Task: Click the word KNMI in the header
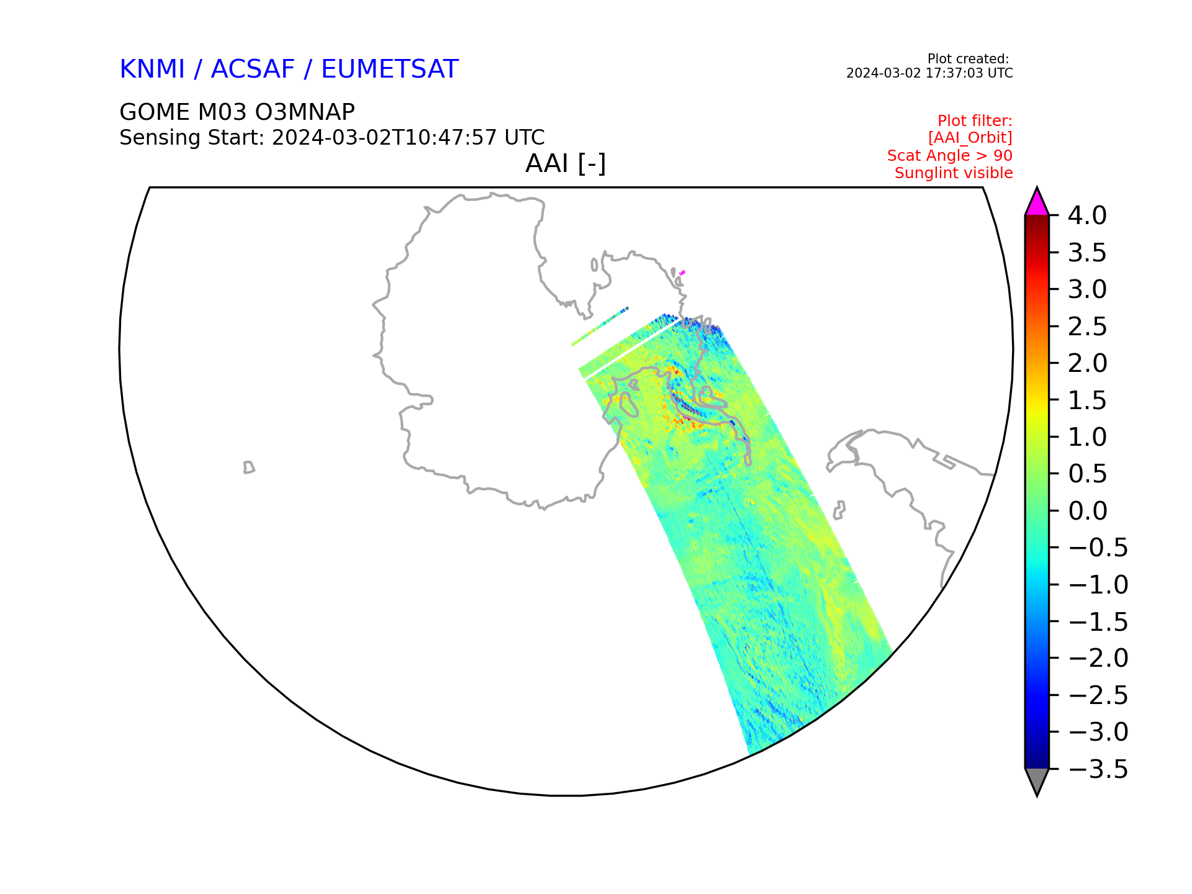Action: pos(152,69)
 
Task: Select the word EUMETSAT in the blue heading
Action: pos(390,69)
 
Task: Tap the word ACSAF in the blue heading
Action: pos(253,69)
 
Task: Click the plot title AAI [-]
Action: pos(566,164)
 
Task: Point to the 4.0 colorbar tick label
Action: pos(1087,215)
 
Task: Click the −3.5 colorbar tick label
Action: pos(1098,769)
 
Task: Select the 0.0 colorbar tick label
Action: pos(1087,511)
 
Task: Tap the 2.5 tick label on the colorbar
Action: pos(1087,327)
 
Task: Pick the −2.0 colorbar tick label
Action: pos(1098,658)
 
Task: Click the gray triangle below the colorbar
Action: pos(1037,780)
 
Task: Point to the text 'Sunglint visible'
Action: pos(954,173)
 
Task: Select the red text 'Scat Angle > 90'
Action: pos(950,156)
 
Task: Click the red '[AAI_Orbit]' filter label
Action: pos(970,138)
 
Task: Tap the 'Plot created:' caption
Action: pos(968,59)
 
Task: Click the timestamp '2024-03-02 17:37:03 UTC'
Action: pos(929,73)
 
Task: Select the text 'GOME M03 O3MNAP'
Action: pos(237,112)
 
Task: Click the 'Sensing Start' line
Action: pos(332,137)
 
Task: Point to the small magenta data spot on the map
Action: pos(682,272)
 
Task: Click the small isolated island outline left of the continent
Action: pos(249,467)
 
